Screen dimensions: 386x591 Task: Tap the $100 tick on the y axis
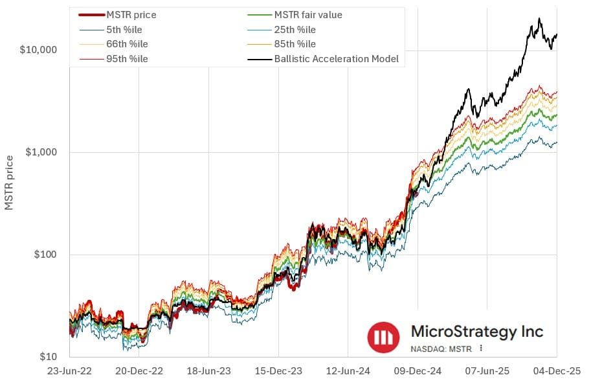click(x=46, y=255)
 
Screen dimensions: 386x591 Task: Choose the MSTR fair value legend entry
click(x=308, y=15)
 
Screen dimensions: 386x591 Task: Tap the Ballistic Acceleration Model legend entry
click(x=336, y=59)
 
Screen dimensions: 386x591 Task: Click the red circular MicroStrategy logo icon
click(x=384, y=337)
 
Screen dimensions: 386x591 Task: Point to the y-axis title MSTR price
click(x=9, y=183)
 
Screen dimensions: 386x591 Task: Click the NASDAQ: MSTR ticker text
click(x=442, y=348)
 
